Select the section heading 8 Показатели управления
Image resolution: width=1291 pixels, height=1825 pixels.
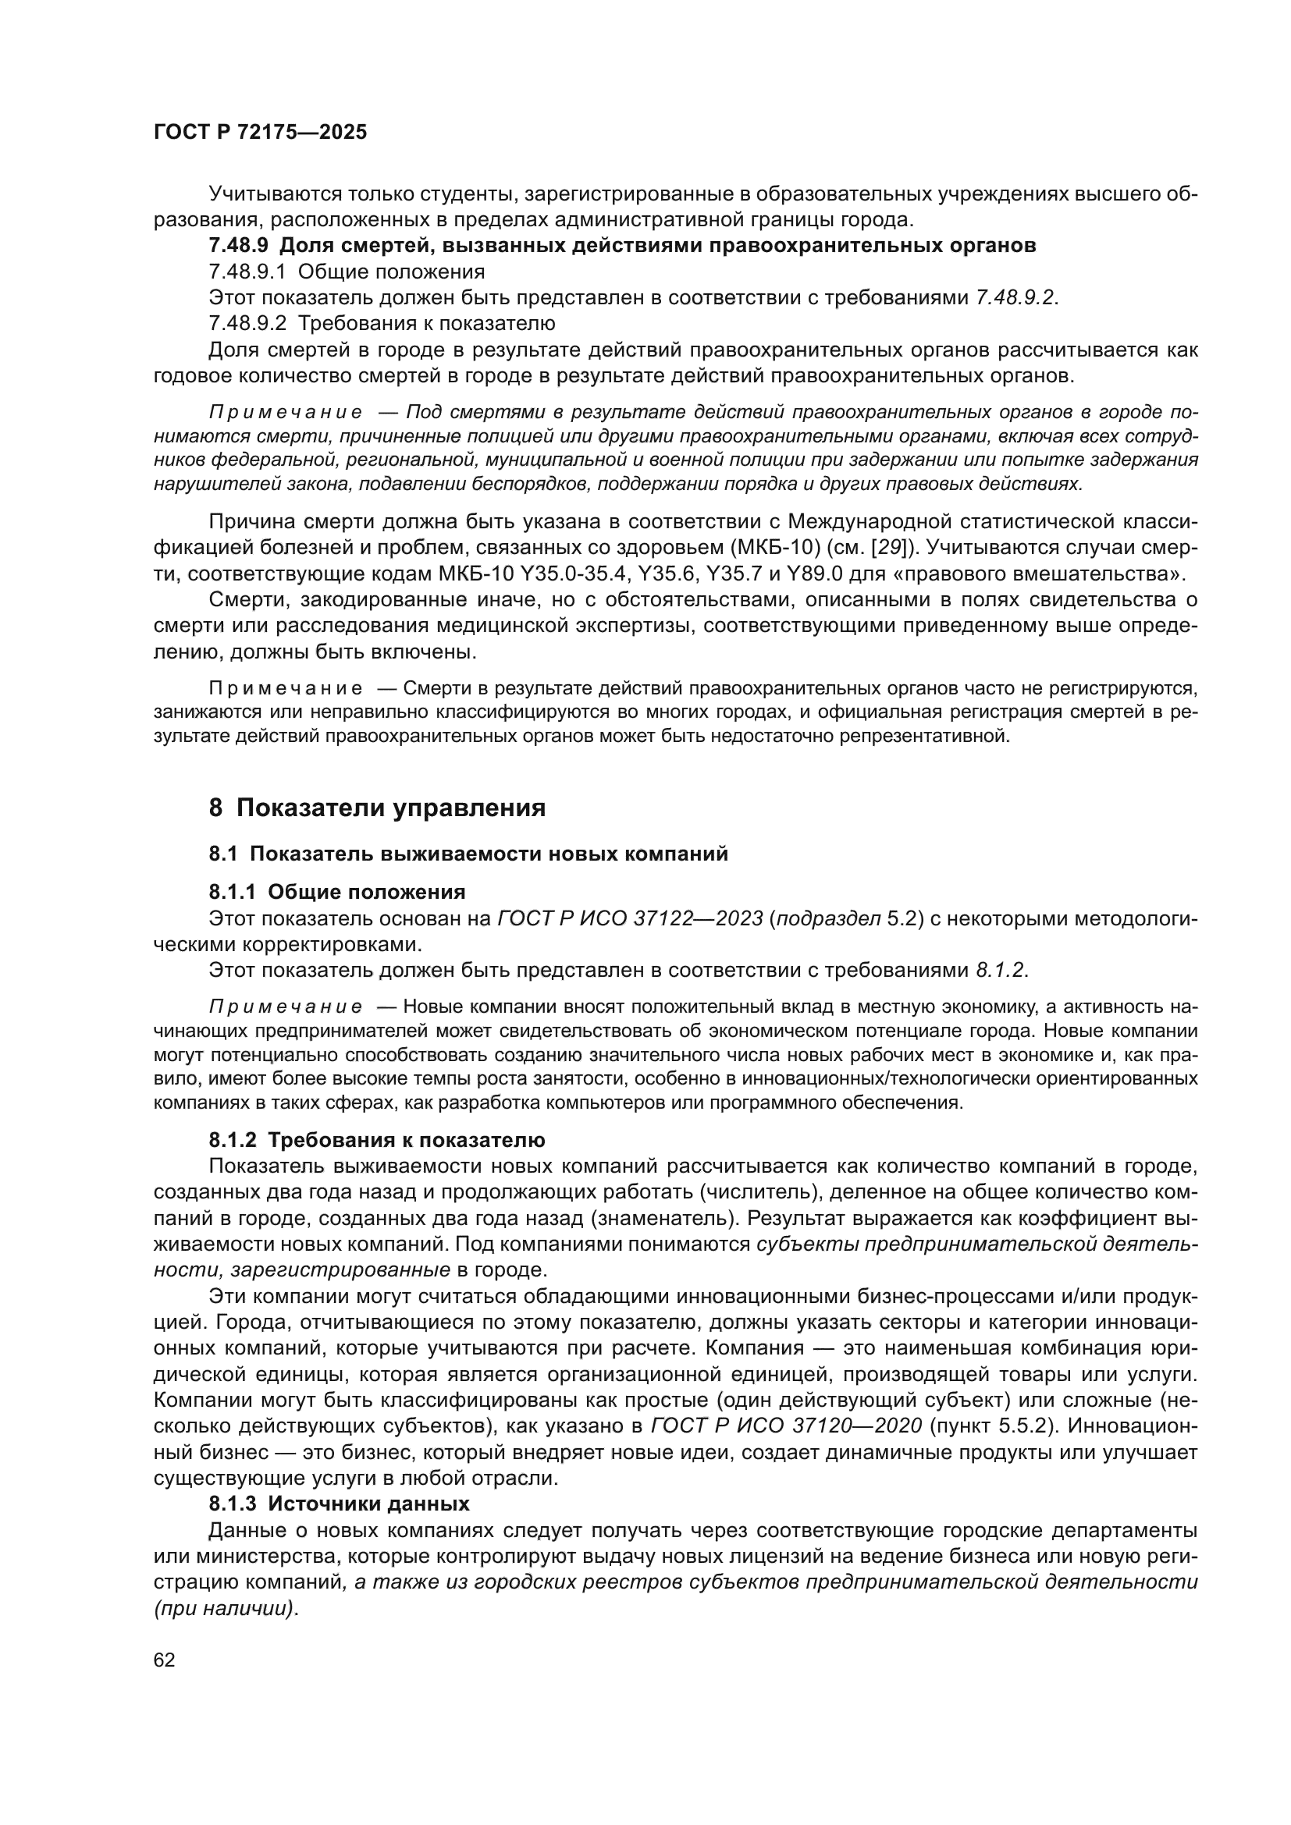tap(377, 808)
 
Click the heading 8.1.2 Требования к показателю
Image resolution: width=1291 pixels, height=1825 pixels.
tap(377, 1140)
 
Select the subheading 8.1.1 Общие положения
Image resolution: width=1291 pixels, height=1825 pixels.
tap(337, 891)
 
